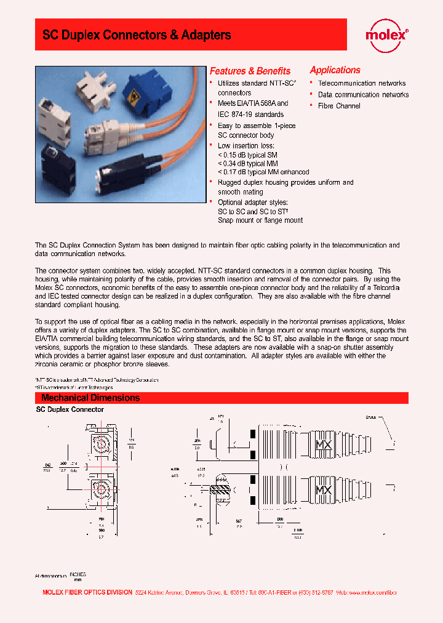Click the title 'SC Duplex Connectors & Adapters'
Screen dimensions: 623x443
pyautogui.click(x=137, y=35)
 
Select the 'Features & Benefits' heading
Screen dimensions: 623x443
pyautogui.click(x=250, y=71)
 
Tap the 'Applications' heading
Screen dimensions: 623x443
pyautogui.click(x=335, y=70)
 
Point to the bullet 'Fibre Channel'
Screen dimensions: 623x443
pyautogui.click(x=339, y=106)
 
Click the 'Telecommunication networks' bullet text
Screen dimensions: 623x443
pyautogui.click(x=362, y=83)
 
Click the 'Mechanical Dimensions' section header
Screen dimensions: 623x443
pyautogui.click(x=90, y=398)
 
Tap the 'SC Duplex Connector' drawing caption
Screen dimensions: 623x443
pyautogui.click(x=70, y=409)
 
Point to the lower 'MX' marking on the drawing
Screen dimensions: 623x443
pyautogui.click(x=324, y=491)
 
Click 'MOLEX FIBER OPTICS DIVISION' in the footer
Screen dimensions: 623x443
pyautogui.click(x=86, y=592)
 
